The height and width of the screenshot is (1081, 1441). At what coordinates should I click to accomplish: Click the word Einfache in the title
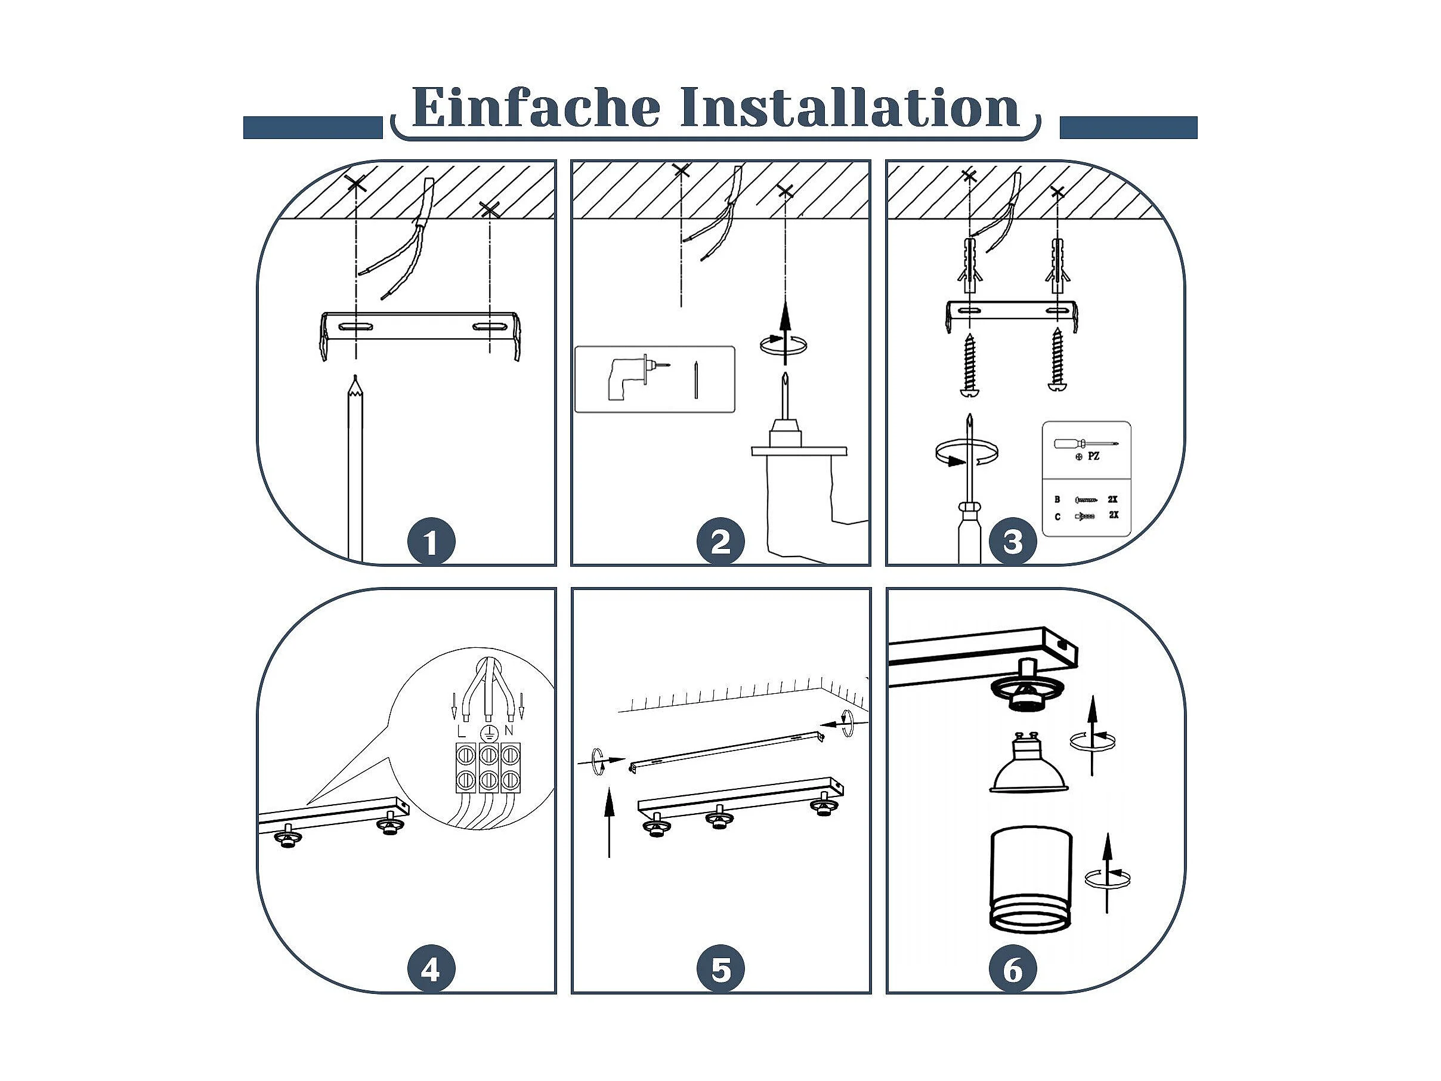536,107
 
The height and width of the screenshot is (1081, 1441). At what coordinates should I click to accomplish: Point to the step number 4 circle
431,971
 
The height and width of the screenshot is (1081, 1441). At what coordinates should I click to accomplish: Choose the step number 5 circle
720,971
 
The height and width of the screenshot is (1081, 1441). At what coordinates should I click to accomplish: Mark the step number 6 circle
1013,971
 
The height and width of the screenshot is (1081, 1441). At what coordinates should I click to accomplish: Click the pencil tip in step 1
355,377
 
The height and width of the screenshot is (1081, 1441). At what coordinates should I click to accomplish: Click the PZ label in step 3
1094,457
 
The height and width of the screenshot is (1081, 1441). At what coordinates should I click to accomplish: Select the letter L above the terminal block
461,730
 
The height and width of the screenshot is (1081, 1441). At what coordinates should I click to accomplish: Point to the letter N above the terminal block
509,730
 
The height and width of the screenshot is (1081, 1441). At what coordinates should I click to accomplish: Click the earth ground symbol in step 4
486,733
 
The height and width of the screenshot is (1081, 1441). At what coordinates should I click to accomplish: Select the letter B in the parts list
1057,500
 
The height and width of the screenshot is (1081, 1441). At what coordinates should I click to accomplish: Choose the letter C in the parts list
1057,517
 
